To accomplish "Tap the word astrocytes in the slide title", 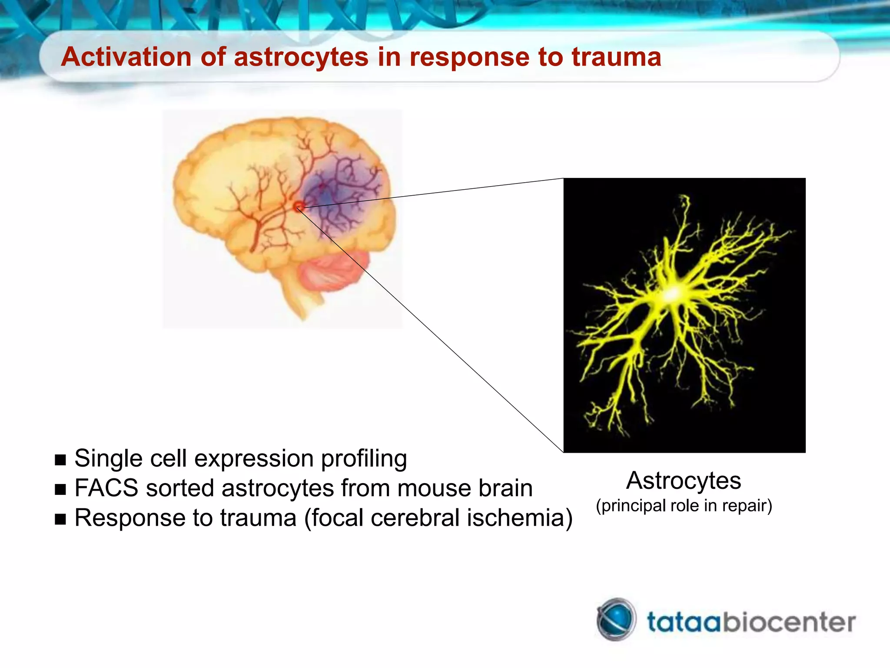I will (301, 57).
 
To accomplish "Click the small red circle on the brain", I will (299, 206).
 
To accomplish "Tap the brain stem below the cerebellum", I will (304, 300).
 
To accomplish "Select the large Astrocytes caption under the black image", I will (684, 481).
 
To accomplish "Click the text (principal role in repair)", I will (684, 506).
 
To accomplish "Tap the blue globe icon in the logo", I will (616, 619).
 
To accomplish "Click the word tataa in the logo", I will (684, 622).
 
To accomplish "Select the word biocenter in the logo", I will (789, 622).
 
